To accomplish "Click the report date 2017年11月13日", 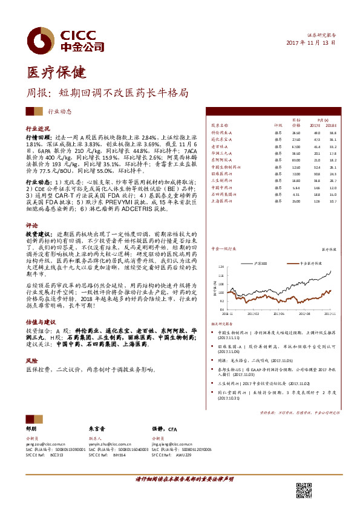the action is point(310,44).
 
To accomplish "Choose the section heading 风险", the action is point(31,360).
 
